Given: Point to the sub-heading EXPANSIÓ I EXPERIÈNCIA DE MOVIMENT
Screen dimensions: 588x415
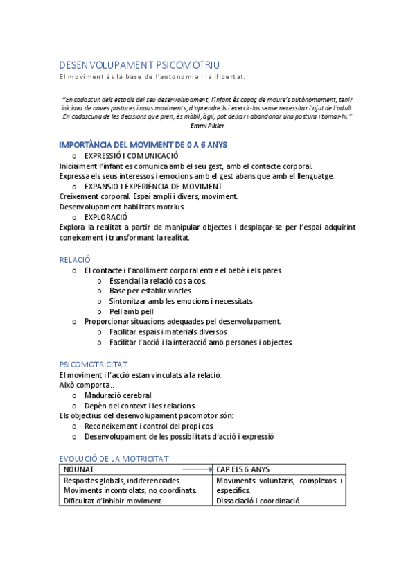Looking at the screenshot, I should coord(152,187).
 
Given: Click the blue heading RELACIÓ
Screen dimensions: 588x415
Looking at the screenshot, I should coord(75,259).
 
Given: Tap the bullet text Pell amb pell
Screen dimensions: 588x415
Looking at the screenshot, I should coord(131,311).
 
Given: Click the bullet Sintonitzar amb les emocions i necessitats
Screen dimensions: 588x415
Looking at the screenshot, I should coord(180,301).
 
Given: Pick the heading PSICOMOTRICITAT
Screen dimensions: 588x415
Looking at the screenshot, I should coord(93,364).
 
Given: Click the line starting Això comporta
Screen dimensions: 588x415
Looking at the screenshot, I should coord(87,385).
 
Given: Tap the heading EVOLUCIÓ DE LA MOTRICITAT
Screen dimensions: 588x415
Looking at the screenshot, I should coord(114,459).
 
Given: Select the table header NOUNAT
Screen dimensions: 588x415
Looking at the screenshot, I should coord(78,469).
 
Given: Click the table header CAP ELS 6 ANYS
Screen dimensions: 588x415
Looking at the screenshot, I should coord(243,469).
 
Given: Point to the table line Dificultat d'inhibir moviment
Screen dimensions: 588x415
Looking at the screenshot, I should coord(112,501).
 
